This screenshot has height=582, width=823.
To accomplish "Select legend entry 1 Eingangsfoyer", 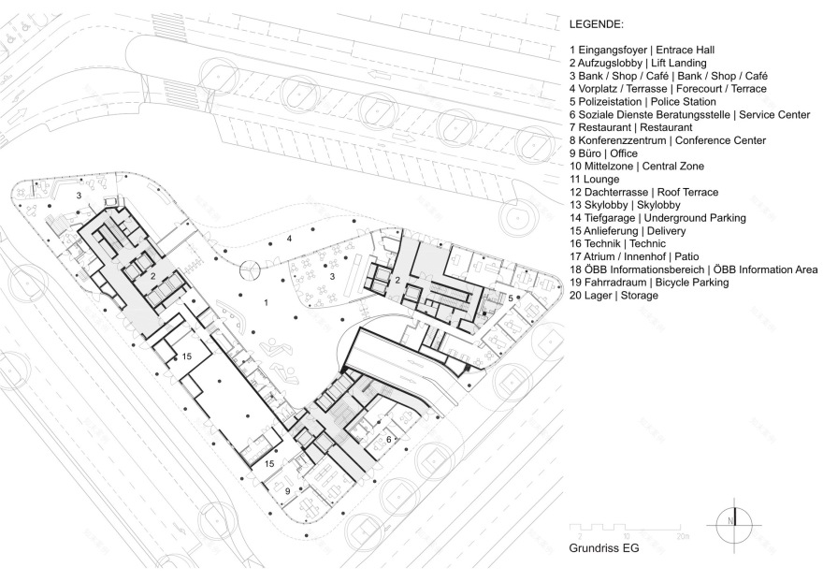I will (651, 50).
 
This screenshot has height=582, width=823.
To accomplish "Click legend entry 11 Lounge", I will (596, 179).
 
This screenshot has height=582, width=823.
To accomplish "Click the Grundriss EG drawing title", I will (604, 549).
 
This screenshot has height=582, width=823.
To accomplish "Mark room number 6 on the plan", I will (388, 439).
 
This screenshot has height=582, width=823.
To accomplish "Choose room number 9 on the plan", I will (289, 488).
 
